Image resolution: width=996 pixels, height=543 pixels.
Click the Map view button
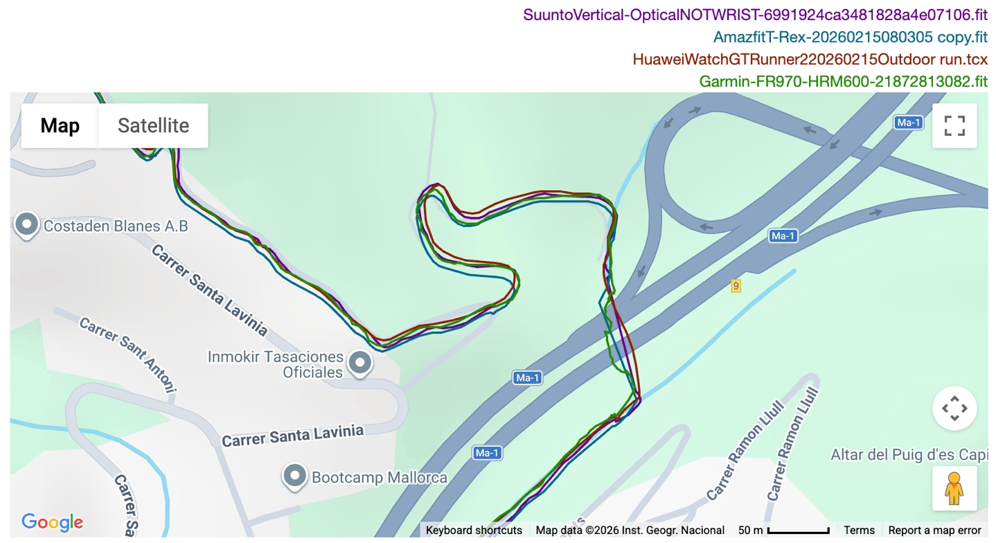pyautogui.click(x=60, y=125)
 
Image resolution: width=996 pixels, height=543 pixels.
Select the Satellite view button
pyautogui.click(x=153, y=125)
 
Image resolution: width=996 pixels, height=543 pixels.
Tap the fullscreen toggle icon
pyautogui.click(x=954, y=125)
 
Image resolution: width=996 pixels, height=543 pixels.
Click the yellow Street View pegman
pyautogui.click(x=954, y=488)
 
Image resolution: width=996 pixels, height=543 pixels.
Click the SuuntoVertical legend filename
pyautogui.click(x=755, y=15)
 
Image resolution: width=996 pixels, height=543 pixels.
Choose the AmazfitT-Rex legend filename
pyautogui.click(x=851, y=37)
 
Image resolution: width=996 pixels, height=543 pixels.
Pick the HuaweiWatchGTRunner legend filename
pyautogui.click(x=810, y=60)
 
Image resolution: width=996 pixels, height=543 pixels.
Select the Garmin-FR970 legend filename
pyautogui.click(x=843, y=81)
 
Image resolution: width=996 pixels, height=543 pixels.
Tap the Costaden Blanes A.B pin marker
pyautogui.click(x=27, y=224)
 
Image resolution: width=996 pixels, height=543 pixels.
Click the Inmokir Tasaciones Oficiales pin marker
pyautogui.click(x=359, y=362)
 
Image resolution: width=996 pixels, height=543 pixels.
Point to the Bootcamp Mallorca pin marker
pyautogui.click(x=296, y=476)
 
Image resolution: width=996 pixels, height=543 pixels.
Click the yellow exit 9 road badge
pyautogui.click(x=736, y=285)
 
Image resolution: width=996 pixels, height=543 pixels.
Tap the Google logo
pyautogui.click(x=52, y=522)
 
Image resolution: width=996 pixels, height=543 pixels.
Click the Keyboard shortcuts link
pyautogui.click(x=474, y=531)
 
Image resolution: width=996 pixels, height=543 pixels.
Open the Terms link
pyautogui.click(x=859, y=531)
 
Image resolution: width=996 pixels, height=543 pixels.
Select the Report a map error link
pyautogui.click(x=934, y=531)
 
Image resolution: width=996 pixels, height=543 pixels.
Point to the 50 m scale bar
pyautogui.click(x=798, y=531)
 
